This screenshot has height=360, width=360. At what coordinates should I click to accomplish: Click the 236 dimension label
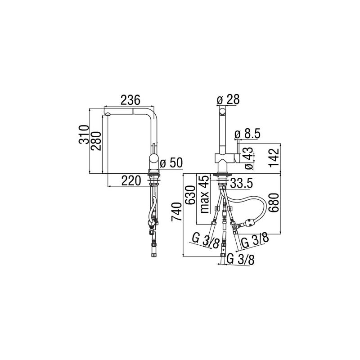130,100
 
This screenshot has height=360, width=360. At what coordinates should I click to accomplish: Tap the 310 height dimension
84,134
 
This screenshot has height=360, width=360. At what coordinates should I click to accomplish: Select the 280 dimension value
95,141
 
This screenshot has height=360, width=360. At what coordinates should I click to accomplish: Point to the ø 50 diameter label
171,163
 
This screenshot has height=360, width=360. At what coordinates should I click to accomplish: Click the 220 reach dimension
131,180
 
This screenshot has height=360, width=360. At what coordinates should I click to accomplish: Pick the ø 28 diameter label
228,99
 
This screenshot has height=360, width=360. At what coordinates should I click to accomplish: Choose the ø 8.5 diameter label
247,134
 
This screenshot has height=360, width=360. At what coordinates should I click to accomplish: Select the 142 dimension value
274,158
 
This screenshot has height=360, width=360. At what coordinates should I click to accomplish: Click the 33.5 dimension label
241,183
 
